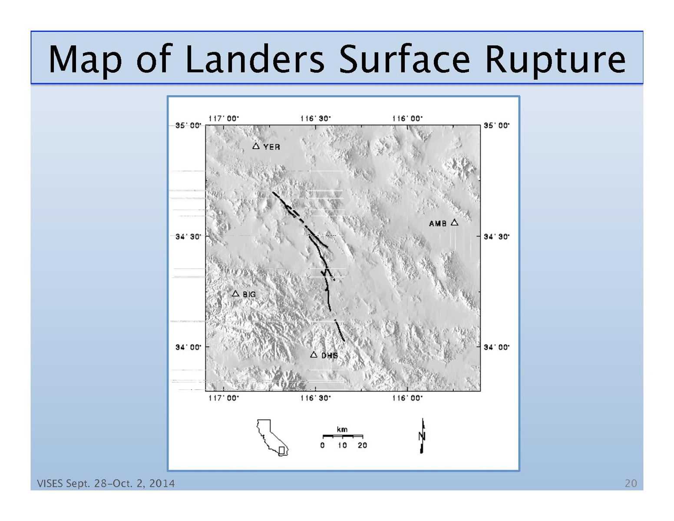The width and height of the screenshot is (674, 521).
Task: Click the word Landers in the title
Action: coord(255,59)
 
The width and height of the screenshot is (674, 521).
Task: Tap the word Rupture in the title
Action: coord(555,61)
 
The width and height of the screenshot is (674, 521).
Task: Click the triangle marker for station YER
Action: coord(256,146)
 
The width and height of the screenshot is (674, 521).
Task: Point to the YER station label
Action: coord(271,147)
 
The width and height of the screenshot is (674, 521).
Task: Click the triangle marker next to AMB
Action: coord(454,222)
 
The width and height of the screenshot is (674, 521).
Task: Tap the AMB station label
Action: coord(437,223)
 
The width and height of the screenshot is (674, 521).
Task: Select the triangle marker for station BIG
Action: coord(235,293)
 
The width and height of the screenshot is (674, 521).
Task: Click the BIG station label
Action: coord(249,294)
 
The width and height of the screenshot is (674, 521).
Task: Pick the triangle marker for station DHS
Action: coord(314,354)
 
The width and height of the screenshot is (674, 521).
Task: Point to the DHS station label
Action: coord(330,355)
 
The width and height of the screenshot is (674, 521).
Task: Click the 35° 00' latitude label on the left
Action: coord(188,126)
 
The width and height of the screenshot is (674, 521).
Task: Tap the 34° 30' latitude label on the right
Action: coord(496,236)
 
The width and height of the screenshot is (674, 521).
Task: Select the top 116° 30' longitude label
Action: coord(315,119)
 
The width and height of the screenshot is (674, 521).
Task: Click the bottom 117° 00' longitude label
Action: coord(224,398)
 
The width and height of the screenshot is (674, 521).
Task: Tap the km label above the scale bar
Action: coord(342,429)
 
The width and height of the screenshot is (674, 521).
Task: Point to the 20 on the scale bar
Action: coord(362,445)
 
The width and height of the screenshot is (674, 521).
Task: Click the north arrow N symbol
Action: coord(422,436)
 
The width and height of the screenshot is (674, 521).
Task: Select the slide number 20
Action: coord(631,484)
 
